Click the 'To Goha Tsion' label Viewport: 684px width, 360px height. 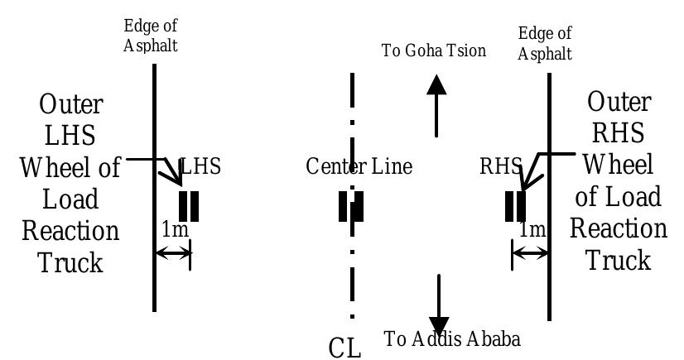[433, 50]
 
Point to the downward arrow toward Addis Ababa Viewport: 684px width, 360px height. [438, 306]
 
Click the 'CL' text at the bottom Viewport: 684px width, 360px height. [345, 348]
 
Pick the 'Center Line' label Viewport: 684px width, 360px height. [359, 166]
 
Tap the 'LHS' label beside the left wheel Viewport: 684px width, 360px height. [201, 166]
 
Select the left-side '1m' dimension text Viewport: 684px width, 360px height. [175, 229]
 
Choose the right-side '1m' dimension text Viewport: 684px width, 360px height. [532, 229]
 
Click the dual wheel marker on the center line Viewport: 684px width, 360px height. [351, 206]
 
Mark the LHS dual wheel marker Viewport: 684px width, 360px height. [189, 206]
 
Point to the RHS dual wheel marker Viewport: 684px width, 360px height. [515, 206]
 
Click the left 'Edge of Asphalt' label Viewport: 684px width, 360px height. [151, 36]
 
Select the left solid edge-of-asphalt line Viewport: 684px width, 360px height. [154, 124]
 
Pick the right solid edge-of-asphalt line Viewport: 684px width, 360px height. [550, 124]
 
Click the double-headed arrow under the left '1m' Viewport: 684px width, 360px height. [173, 253]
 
